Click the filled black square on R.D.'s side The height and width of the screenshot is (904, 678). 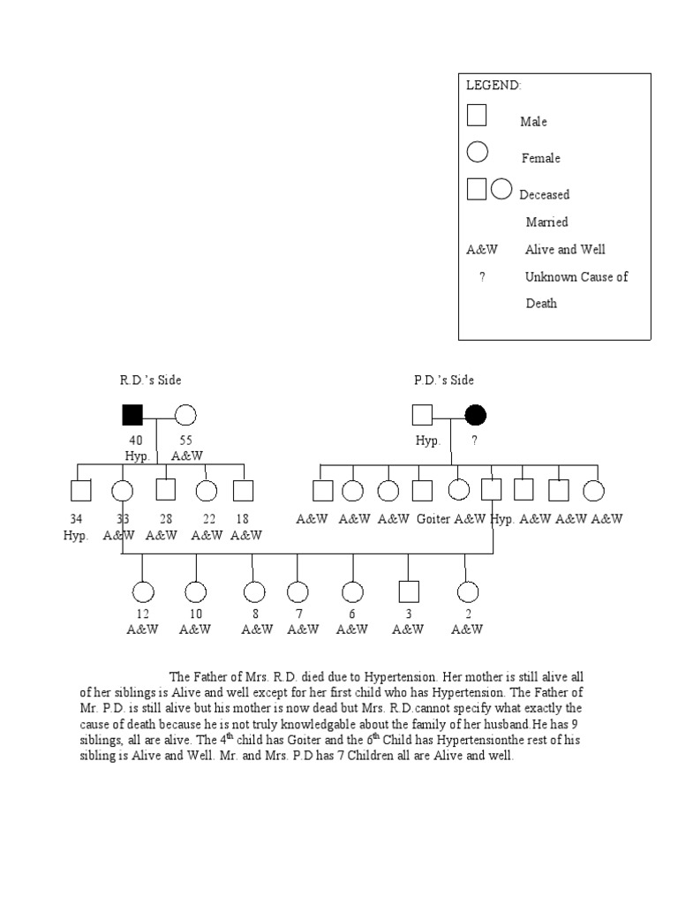tap(132, 414)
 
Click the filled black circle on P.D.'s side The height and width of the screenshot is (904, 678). tap(476, 414)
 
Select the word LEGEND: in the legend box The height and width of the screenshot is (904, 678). tap(493, 86)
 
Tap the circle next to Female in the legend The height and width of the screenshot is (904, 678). tap(478, 152)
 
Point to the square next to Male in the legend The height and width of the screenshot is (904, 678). tap(477, 115)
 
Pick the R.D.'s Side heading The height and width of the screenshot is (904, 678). tap(151, 380)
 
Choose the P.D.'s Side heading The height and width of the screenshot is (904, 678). tap(444, 380)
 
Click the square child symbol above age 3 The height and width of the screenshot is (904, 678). tap(408, 591)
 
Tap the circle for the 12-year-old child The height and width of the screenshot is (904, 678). tap(142, 591)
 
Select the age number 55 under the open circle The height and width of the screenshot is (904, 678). tap(185, 440)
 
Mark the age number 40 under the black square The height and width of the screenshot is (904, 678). tap(135, 440)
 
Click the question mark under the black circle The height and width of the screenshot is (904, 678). tap(475, 441)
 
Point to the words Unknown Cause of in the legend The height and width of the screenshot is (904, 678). tap(576, 276)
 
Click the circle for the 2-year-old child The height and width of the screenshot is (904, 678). tap(467, 591)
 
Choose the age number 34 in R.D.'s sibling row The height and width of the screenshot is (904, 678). tap(76, 519)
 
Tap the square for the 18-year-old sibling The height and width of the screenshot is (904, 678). tap(243, 491)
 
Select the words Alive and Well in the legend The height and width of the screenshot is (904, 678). tap(565, 249)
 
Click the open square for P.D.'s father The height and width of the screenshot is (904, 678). tap(423, 414)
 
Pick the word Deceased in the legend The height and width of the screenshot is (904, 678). tap(545, 194)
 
